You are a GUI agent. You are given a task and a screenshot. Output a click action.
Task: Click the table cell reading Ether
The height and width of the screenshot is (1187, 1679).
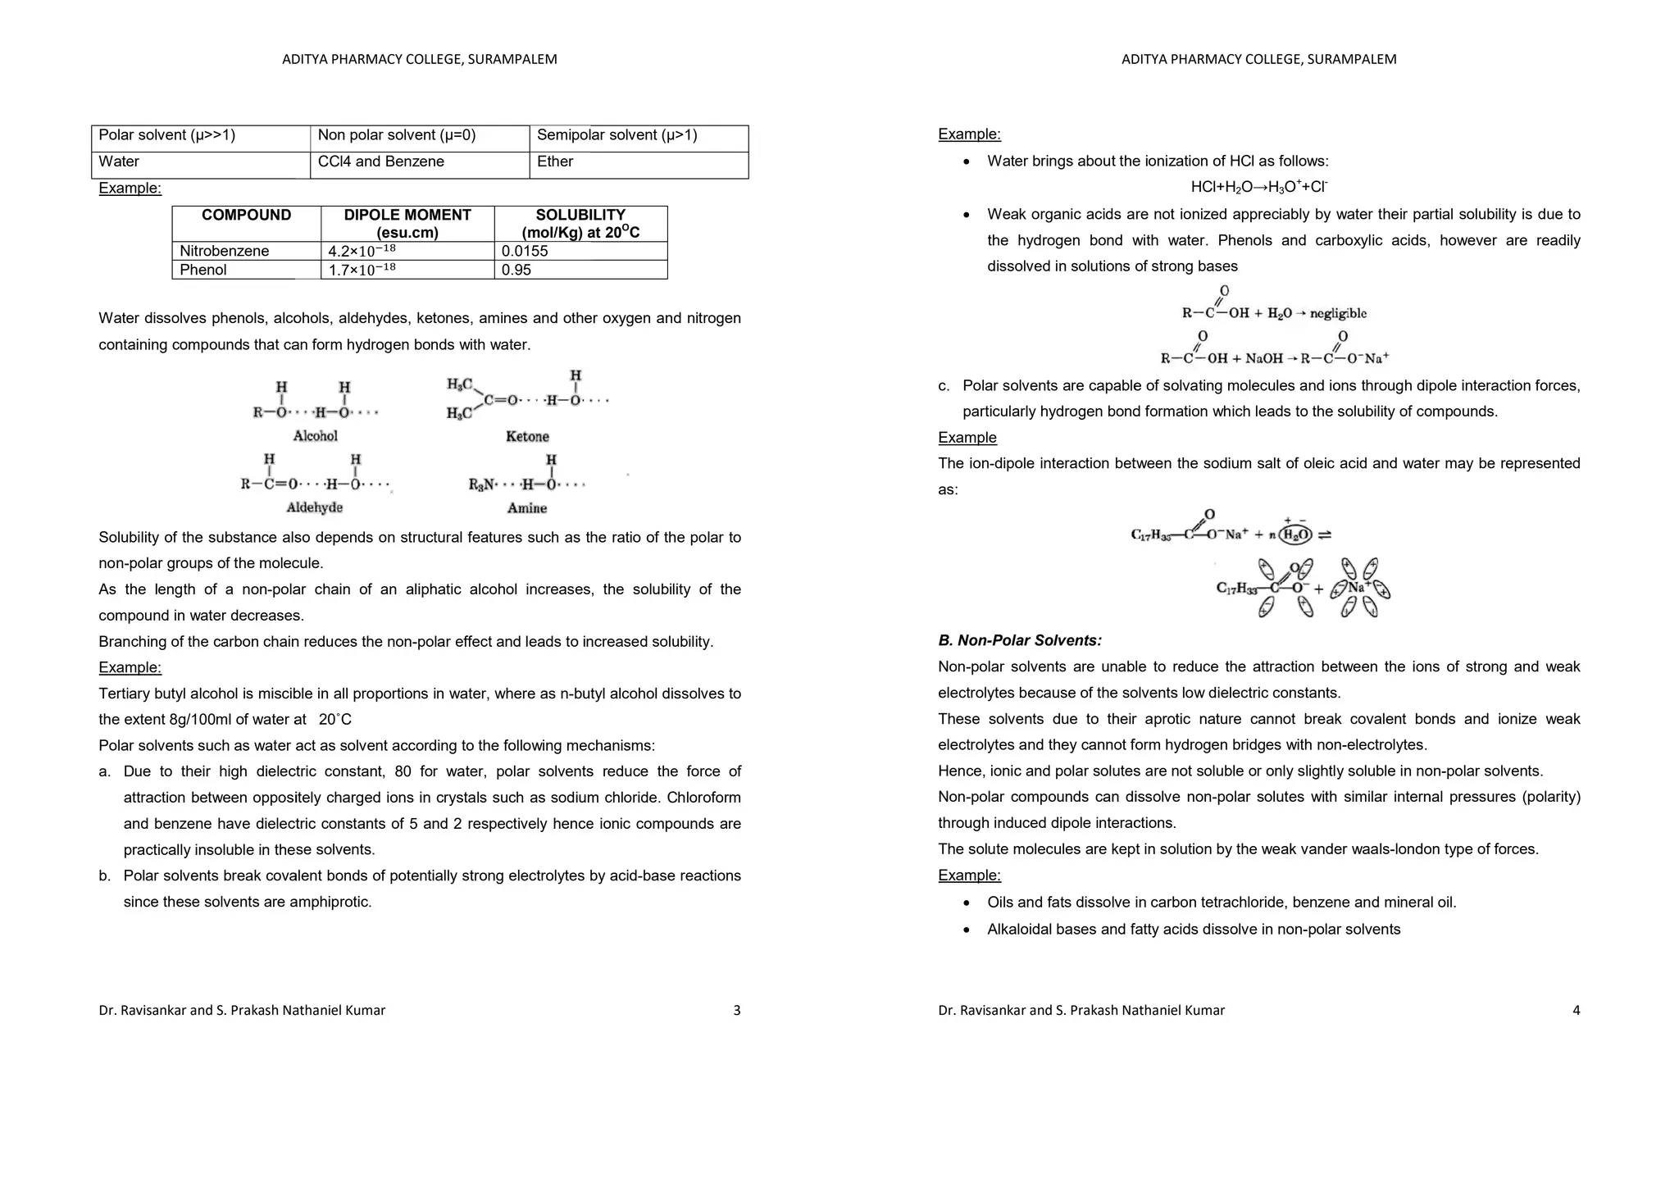point(555,161)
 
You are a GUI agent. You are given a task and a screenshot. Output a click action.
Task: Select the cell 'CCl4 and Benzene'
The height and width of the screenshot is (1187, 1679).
point(380,161)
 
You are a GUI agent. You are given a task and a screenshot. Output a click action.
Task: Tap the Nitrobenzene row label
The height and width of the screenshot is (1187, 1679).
point(224,251)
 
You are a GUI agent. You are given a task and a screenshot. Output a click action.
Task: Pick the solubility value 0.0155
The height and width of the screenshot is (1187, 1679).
point(525,251)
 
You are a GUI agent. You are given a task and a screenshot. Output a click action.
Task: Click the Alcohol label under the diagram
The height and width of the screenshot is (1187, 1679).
point(315,436)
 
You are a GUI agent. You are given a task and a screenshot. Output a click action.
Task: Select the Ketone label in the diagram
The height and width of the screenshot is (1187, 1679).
point(527,437)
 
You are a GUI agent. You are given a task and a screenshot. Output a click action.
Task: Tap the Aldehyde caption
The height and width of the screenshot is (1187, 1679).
point(314,508)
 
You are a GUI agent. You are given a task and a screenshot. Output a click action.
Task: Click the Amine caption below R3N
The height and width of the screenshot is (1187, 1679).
point(526,508)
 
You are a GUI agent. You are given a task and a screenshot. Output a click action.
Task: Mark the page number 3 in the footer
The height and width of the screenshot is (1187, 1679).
point(736,1010)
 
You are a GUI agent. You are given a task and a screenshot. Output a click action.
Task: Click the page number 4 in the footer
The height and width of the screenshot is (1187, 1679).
point(1576,1010)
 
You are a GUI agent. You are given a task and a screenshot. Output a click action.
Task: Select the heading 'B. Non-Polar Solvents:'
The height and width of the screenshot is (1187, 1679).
point(1019,640)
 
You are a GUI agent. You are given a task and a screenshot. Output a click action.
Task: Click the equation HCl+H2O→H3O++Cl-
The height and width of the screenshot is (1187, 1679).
point(1258,187)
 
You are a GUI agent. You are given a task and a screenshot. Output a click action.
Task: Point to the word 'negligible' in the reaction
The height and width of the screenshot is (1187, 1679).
point(1338,313)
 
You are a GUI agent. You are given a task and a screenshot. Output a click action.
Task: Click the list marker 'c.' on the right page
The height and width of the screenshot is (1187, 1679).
point(944,385)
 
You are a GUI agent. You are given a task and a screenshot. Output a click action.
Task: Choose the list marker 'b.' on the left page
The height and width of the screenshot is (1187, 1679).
point(105,875)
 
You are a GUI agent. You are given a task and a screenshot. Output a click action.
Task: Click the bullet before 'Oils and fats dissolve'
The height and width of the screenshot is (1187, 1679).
point(967,903)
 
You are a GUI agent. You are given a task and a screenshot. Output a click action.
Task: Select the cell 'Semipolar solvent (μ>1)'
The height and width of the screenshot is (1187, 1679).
point(617,135)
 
